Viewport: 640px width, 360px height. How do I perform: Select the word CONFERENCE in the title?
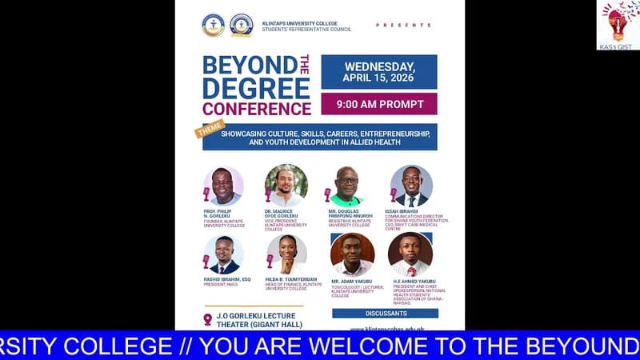click(257, 109)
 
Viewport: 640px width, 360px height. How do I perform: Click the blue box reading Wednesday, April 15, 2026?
click(379, 72)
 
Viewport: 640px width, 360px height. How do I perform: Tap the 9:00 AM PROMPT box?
click(379, 104)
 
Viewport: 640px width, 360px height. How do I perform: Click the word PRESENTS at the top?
click(403, 26)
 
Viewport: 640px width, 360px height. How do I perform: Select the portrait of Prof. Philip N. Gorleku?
click(223, 186)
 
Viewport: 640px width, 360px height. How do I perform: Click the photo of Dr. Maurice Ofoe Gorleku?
click(286, 186)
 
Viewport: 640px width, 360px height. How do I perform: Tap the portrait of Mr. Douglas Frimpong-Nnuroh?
click(347, 186)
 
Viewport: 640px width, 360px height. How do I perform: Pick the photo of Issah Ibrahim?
click(411, 186)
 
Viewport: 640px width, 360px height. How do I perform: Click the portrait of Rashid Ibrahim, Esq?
click(223, 255)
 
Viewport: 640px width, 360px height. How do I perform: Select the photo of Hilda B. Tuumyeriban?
click(286, 255)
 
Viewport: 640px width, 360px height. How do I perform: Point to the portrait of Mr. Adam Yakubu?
click(352, 254)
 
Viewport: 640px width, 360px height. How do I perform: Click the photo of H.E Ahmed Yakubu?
click(410, 254)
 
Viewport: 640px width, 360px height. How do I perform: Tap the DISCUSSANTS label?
click(386, 313)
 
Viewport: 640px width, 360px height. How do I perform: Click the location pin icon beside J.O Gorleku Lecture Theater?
click(208, 319)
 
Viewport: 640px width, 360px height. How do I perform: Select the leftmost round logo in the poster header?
click(214, 25)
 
